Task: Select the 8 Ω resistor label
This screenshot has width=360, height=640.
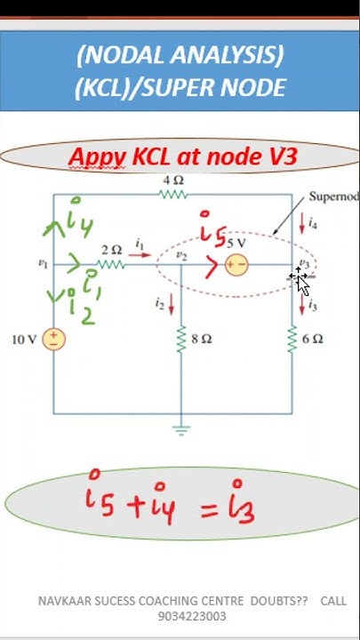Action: tap(203, 339)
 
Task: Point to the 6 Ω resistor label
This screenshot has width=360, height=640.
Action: tap(312, 339)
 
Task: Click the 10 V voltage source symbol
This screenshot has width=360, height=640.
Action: tap(54, 339)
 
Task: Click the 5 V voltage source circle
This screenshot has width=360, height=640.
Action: tap(236, 264)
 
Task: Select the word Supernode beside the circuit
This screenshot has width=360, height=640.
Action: tap(332, 196)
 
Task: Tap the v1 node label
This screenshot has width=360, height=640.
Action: tap(42, 263)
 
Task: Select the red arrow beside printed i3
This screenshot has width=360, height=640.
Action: tap(303, 305)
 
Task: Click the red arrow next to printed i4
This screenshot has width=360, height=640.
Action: tap(303, 226)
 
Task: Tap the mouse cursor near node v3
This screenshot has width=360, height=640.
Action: tap(300, 280)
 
